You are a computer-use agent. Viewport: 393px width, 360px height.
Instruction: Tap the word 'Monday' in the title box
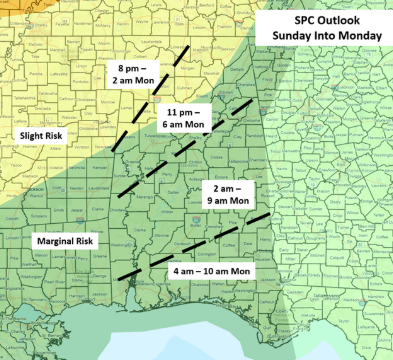pos(357,38)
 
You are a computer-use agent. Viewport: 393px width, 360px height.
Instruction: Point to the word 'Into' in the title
pos(323,38)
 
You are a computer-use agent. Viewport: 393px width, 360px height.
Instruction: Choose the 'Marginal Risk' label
pos(66,241)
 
